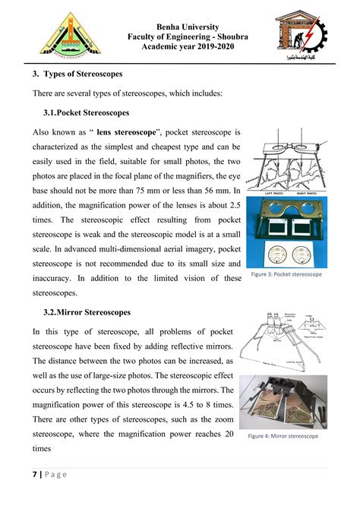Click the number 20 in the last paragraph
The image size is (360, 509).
click(x=226, y=433)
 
